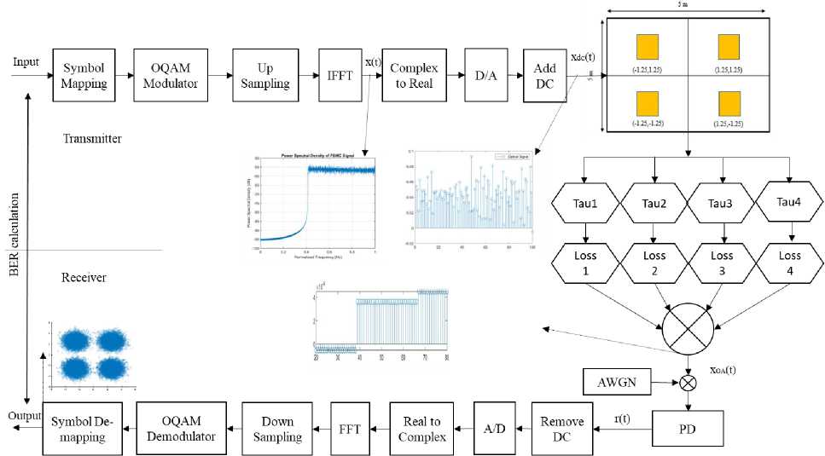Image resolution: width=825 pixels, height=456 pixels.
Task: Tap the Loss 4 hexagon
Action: pyautogui.click(x=789, y=263)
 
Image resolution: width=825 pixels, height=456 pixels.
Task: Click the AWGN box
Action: pyautogui.click(x=616, y=381)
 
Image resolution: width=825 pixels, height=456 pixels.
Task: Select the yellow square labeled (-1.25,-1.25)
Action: pyautogui.click(x=648, y=104)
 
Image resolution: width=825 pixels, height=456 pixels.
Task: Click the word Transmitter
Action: pyautogui.click(x=91, y=138)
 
